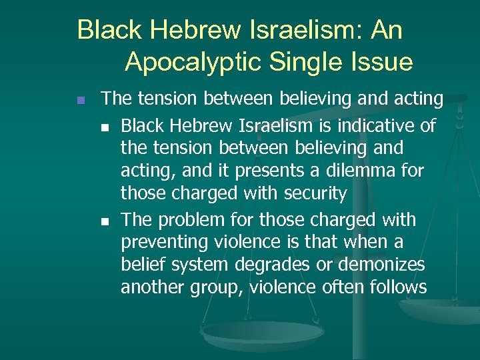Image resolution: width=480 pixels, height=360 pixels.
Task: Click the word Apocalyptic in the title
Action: tap(194, 62)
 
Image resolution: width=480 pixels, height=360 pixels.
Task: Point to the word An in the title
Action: tap(387, 30)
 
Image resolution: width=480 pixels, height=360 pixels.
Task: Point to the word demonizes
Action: tap(381, 264)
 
